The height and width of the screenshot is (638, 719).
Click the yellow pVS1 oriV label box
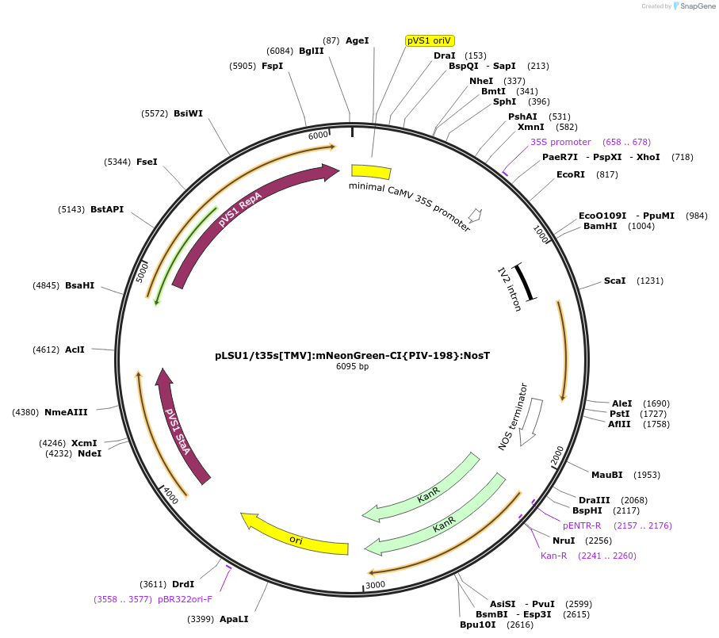click(430, 40)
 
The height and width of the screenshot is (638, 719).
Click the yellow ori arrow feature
click(295, 539)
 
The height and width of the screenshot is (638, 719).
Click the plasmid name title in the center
click(352, 355)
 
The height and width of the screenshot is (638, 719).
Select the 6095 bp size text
click(352, 367)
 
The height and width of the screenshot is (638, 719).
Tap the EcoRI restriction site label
click(570, 174)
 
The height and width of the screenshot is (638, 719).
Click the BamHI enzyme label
click(599, 226)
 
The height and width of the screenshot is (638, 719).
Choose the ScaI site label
click(614, 281)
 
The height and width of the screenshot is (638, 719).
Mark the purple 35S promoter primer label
click(560, 142)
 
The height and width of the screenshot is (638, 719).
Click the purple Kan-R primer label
click(553, 556)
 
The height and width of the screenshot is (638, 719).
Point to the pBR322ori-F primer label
click(185, 599)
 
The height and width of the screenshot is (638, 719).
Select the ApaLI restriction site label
click(234, 619)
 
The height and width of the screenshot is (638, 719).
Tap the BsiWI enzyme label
click(188, 113)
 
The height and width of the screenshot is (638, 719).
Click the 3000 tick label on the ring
click(375, 585)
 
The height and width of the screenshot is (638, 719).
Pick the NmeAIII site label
click(66, 411)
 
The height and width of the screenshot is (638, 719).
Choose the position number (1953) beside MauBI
click(646, 475)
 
